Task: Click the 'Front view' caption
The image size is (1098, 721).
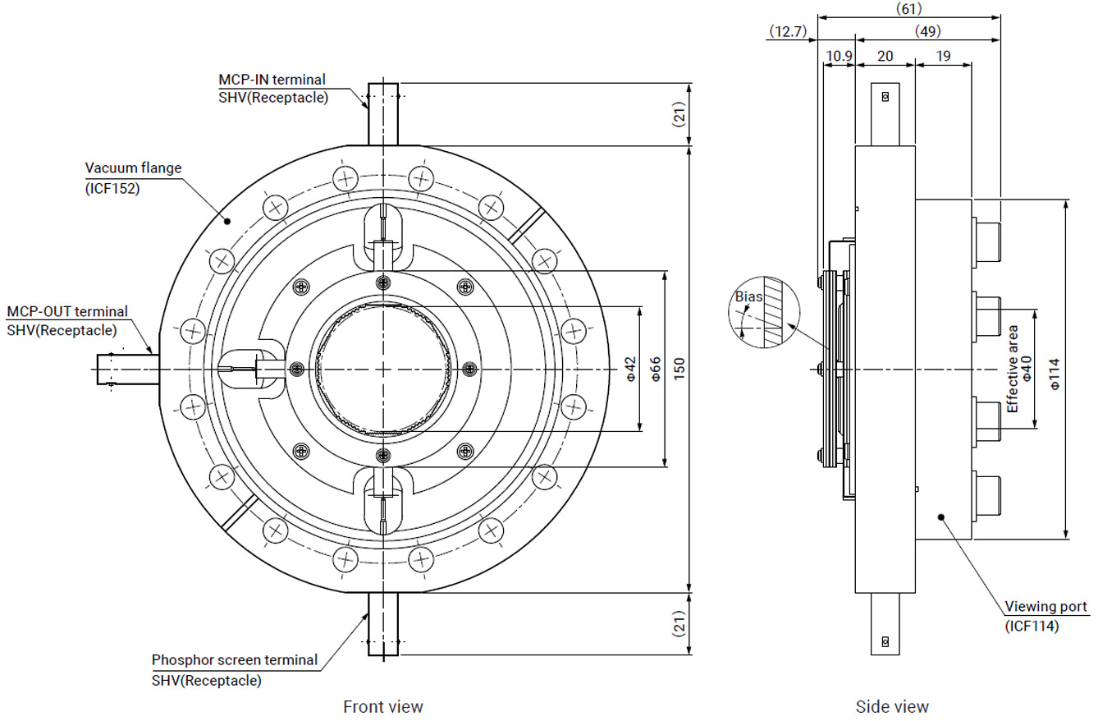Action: click(382, 706)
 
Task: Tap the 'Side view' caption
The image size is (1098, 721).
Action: click(892, 706)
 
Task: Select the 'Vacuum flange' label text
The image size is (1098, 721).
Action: click(133, 168)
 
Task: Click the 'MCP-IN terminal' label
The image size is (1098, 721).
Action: click(272, 80)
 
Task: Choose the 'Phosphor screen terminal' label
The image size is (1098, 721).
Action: click(235, 659)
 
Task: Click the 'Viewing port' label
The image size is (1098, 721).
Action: click(1046, 607)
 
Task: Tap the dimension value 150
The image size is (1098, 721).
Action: click(679, 369)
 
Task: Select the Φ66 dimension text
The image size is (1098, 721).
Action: click(656, 369)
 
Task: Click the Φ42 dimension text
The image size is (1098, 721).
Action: click(630, 369)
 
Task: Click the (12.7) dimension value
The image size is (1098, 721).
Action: click(789, 31)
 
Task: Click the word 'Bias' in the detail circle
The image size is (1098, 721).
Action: click(748, 296)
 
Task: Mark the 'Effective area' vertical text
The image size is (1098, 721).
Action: click(1013, 369)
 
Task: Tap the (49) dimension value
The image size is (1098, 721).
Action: click(927, 31)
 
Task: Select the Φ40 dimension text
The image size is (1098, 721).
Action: click(1026, 369)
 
